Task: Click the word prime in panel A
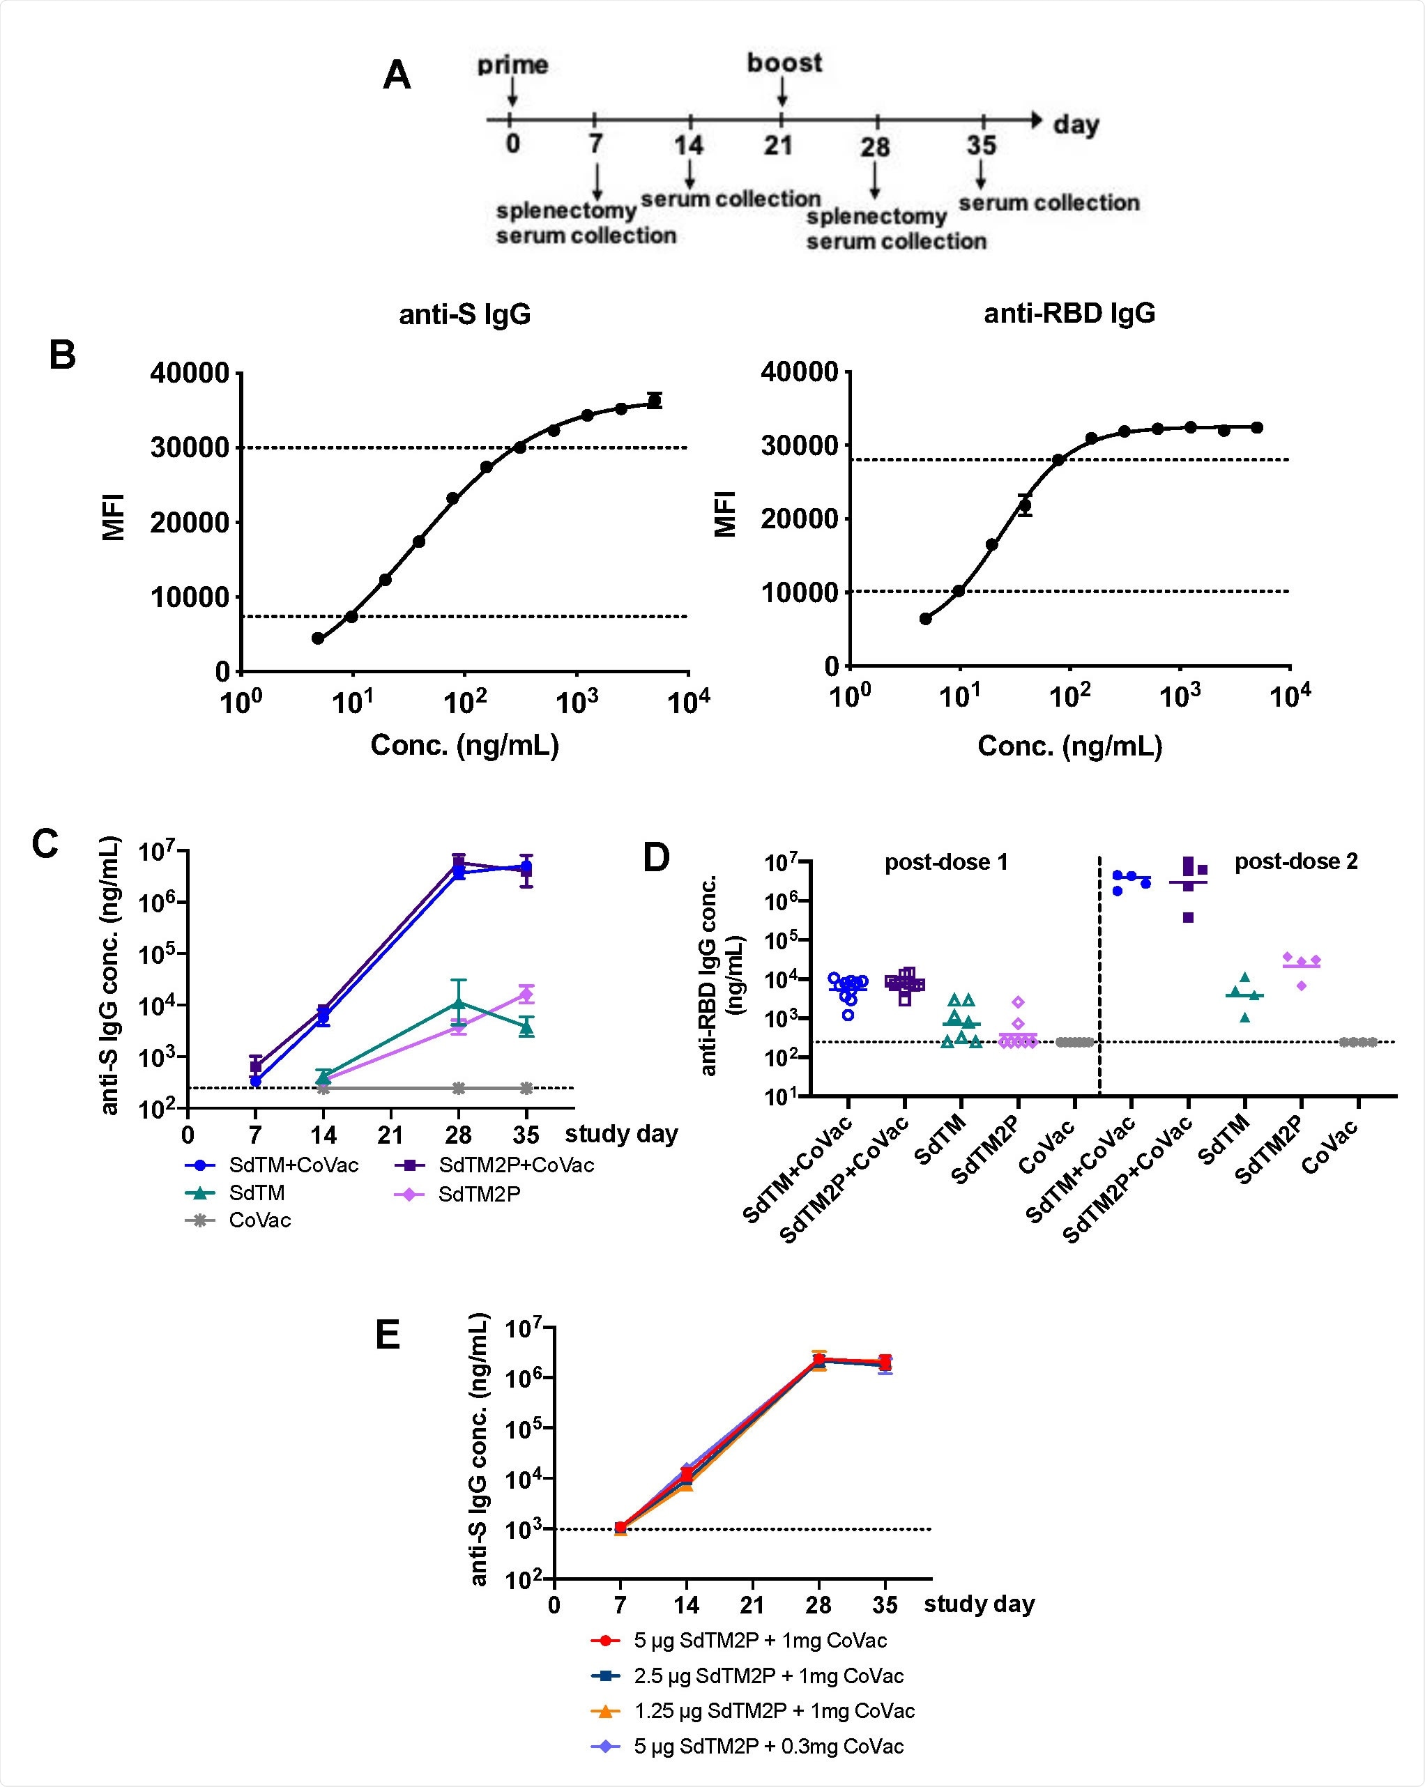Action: [512, 65]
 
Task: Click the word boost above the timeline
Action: [784, 63]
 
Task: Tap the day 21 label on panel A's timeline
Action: [779, 146]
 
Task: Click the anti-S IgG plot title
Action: [464, 314]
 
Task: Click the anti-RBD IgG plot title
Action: [1069, 314]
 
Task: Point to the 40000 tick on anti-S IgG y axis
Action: [189, 373]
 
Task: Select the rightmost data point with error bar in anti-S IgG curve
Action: [655, 400]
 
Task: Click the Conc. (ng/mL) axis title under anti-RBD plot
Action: [1069, 746]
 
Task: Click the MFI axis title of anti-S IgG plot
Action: [114, 517]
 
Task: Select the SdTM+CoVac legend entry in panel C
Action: [294, 1165]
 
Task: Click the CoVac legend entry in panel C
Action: [259, 1220]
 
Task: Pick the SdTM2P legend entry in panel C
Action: [479, 1194]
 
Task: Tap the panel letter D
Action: [656, 858]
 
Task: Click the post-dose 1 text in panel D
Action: [946, 862]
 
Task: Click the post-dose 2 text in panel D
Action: [1296, 861]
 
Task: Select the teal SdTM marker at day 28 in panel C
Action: [459, 1004]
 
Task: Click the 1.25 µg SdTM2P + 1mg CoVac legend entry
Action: [773, 1711]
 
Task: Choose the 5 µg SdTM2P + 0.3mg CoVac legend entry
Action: [768, 1747]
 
